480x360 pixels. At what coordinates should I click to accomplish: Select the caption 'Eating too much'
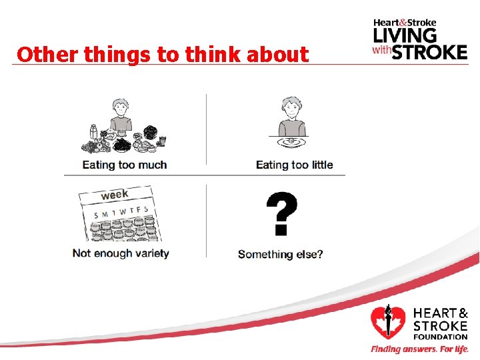125,165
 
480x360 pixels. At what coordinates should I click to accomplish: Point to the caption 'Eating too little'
294,165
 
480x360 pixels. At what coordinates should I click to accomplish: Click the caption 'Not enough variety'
121,253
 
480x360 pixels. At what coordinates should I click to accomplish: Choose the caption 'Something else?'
280,254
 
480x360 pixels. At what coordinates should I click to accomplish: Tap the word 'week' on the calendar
115,195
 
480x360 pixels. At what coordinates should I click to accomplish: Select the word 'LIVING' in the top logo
405,35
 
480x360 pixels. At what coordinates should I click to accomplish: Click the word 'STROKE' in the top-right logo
429,51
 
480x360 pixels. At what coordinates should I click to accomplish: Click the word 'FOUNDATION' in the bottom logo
441,337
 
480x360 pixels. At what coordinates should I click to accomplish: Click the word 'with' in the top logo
381,50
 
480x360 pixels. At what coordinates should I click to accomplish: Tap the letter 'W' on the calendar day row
122,212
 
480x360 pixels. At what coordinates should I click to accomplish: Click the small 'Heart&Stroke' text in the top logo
405,22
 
